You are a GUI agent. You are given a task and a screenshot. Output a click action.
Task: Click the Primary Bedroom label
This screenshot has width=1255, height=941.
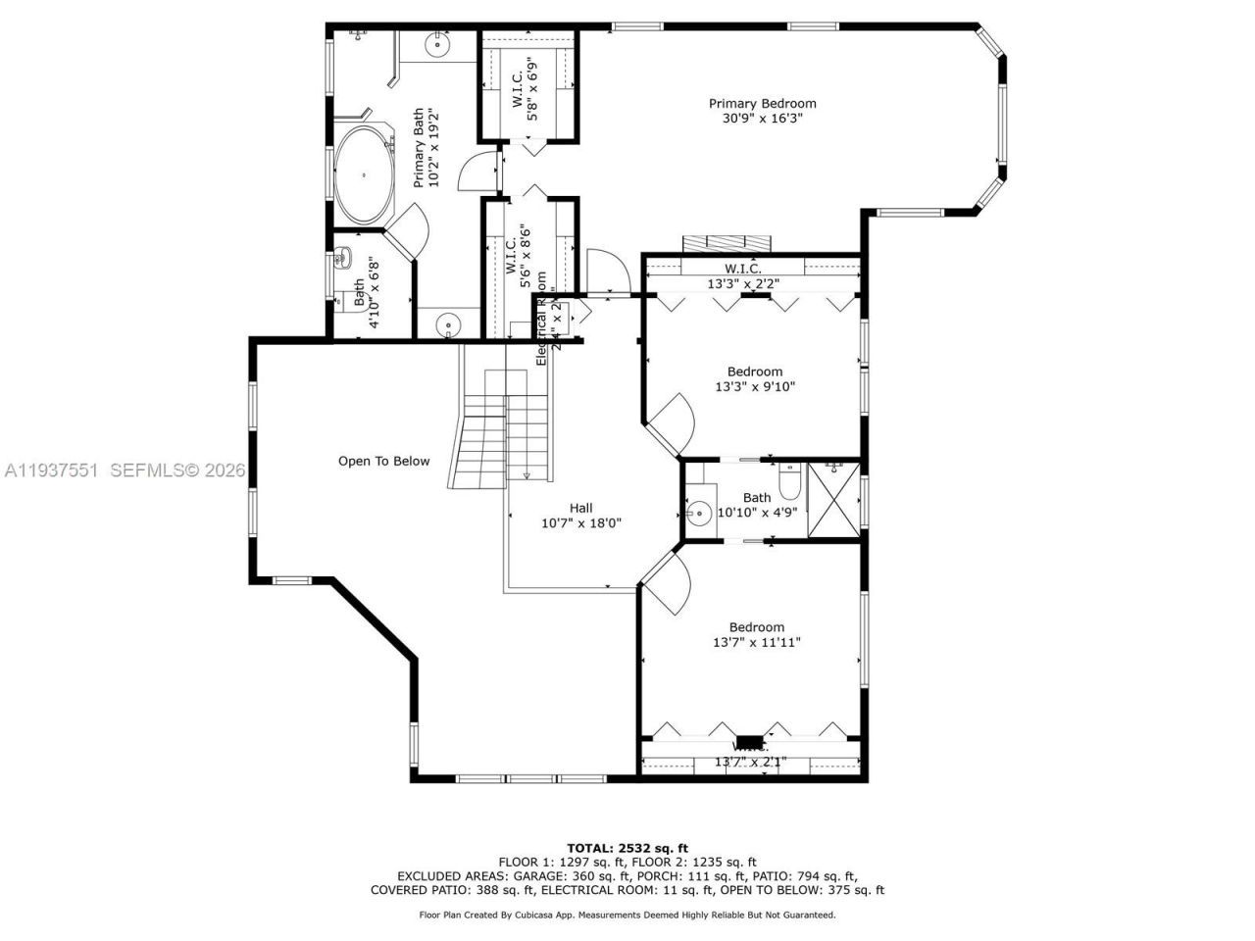pos(762,103)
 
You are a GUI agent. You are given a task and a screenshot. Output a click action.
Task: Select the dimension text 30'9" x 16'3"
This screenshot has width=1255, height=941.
pos(762,120)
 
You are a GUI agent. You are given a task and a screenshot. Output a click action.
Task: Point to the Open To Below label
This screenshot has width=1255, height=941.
pos(383,461)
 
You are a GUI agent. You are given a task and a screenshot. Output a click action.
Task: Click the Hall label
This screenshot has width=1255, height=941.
pos(580,508)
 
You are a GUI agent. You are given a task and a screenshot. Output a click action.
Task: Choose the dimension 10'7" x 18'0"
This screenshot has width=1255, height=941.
pos(580,523)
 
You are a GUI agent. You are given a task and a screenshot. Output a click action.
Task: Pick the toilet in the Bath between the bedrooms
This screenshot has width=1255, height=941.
pos(790,480)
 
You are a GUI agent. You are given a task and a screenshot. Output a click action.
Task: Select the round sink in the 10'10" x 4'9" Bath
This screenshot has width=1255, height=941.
pos(699,512)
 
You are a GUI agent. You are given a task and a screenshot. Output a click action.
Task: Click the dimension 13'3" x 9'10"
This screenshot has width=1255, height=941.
pos(754,387)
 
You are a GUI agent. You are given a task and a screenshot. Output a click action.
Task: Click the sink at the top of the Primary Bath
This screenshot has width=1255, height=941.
pos(436,44)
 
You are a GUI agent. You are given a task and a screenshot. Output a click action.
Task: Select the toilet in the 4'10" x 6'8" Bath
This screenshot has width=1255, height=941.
pos(343,260)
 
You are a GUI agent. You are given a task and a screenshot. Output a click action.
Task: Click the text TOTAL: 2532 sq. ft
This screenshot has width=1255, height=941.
pos(627,848)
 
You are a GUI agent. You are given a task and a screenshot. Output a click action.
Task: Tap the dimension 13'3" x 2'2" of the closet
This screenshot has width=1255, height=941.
pos(742,284)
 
